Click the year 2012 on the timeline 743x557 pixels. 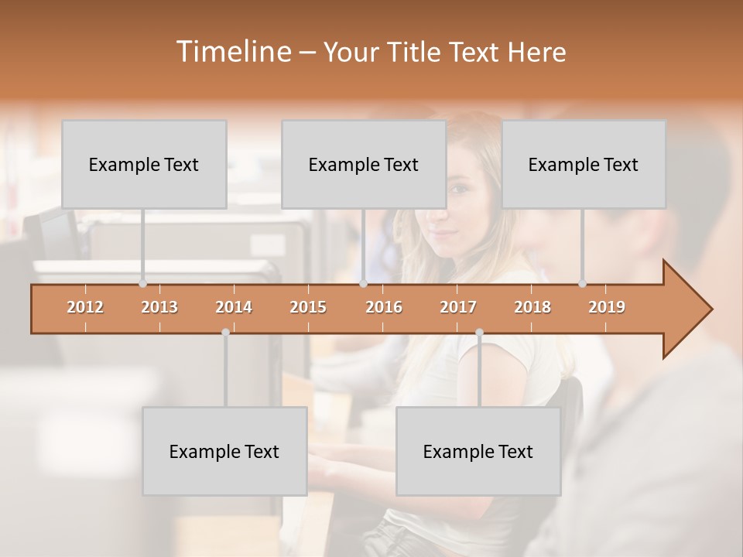(x=85, y=307)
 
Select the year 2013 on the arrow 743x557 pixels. (x=159, y=307)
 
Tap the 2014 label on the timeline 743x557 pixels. (x=234, y=307)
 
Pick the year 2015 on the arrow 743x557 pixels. (x=308, y=307)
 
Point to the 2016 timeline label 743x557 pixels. (x=384, y=307)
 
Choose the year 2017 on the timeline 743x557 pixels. (x=458, y=307)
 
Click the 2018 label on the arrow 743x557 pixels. (x=532, y=307)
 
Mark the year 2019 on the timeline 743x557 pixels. (x=607, y=307)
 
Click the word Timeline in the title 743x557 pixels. (x=232, y=52)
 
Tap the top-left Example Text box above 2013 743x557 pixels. (x=144, y=164)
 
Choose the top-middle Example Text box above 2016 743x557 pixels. (x=364, y=164)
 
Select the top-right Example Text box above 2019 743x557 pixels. (x=584, y=164)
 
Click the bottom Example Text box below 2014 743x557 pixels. (x=224, y=451)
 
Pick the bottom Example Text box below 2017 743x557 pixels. (x=478, y=451)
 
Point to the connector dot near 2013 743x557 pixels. (x=142, y=284)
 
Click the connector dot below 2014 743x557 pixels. (x=225, y=333)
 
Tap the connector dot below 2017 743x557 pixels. (x=479, y=333)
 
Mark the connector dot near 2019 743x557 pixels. (x=582, y=284)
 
